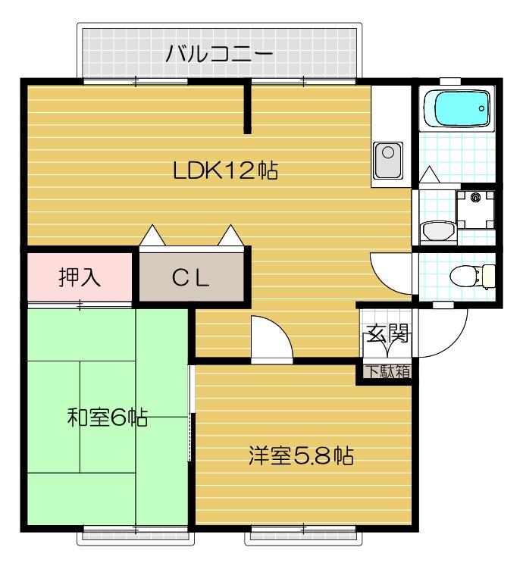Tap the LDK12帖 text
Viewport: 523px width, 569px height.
click(225, 171)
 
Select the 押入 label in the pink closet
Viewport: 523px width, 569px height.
click(80, 277)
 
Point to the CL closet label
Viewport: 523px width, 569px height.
click(190, 278)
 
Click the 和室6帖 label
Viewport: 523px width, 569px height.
click(106, 417)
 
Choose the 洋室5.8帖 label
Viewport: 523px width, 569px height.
click(302, 456)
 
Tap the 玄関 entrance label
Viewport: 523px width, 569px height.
click(388, 333)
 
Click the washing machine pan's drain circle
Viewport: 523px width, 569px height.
click(476, 198)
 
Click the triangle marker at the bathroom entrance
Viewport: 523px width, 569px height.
click(428, 175)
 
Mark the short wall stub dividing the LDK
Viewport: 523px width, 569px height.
click(247, 108)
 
